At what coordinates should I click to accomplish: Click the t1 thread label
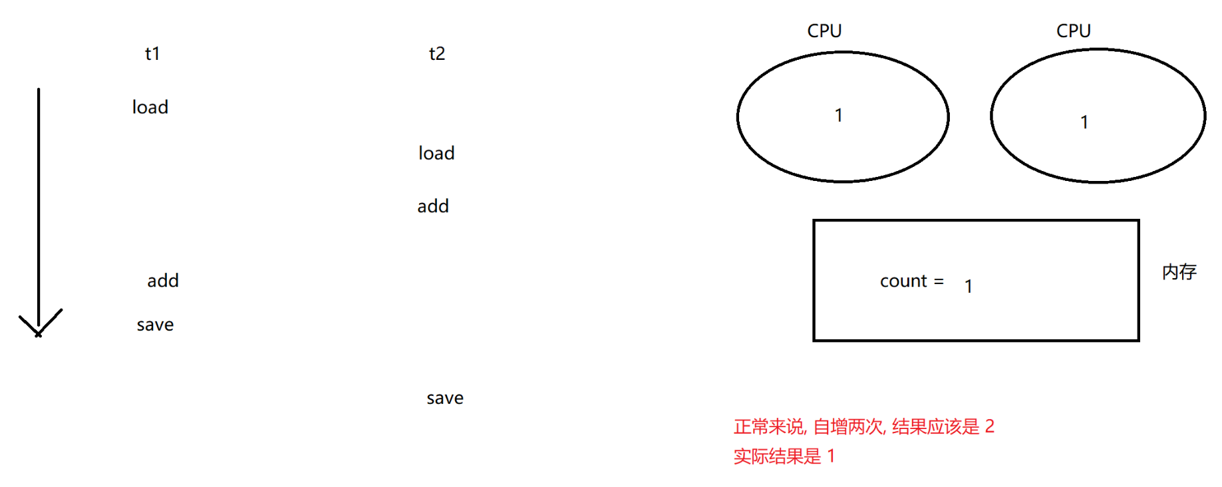coord(152,53)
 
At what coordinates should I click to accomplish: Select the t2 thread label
coord(437,53)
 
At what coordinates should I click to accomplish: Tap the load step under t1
coord(150,107)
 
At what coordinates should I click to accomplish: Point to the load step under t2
coord(436,153)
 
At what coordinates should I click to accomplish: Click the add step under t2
coord(433,206)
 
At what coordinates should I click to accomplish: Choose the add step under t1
coord(163,281)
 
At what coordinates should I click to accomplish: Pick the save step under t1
coord(155,325)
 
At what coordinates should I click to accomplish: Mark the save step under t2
coord(445,398)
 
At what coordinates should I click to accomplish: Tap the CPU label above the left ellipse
coord(824,31)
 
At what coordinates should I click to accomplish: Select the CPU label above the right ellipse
coord(1074,31)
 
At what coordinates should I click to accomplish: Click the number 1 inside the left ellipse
coord(839,116)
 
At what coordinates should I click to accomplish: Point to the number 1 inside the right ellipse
coord(1084,122)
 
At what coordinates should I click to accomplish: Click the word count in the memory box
coord(903,281)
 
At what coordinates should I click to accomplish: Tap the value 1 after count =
coord(969,286)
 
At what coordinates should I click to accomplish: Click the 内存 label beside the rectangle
coord(1179,271)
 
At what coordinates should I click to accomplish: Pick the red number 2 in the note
coord(990,426)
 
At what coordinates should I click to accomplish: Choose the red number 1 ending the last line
coord(831,456)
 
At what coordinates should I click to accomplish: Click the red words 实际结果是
coord(777,456)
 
